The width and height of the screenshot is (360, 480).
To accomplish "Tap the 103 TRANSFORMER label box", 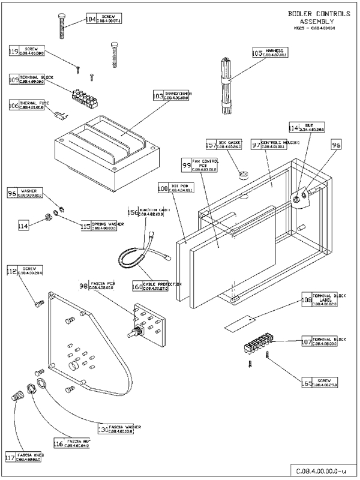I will tap(158, 95).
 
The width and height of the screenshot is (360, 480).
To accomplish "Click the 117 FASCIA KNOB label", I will tap(25, 458).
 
